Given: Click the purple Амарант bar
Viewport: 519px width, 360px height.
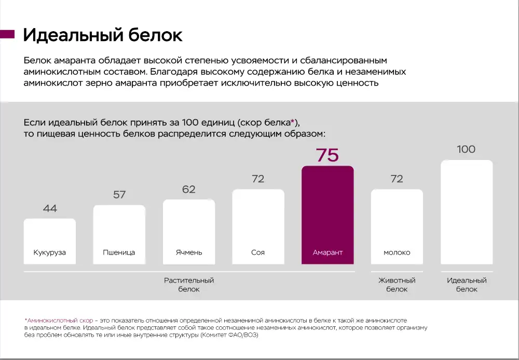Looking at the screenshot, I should [x=327, y=215].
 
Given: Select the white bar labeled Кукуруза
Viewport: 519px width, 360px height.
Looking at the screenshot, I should [x=50, y=241].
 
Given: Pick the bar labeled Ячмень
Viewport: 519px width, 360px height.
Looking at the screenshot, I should [x=189, y=232].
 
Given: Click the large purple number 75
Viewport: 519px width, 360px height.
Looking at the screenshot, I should [x=327, y=155].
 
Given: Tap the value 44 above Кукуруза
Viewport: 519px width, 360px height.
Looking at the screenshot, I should [x=50, y=209].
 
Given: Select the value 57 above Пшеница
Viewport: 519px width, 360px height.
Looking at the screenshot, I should [x=119, y=195].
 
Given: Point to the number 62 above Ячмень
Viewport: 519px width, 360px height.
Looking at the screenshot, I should [x=189, y=190].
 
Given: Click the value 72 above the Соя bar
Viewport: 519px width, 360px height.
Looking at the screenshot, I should [x=258, y=179].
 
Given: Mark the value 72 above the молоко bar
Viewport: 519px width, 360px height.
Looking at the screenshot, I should [x=397, y=179].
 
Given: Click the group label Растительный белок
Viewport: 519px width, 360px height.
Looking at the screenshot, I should [x=189, y=285].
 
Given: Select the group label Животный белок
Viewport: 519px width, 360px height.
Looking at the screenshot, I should [x=397, y=285].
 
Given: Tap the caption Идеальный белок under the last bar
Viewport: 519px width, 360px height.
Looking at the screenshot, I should [x=467, y=285].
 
